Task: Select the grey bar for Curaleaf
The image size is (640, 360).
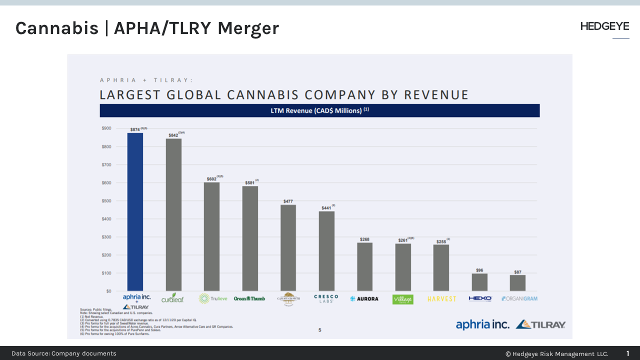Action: click(x=173, y=214)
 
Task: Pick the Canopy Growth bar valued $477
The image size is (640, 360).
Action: click(x=288, y=247)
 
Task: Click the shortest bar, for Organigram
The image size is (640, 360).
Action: click(x=517, y=283)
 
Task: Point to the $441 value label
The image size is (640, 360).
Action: click(x=326, y=207)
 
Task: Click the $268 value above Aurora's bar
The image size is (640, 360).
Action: click(x=364, y=239)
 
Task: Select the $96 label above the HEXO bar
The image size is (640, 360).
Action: click(x=479, y=270)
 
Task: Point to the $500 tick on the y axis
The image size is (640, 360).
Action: click(x=106, y=201)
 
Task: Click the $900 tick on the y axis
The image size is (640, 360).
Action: click(x=106, y=128)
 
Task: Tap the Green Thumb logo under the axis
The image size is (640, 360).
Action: click(x=249, y=298)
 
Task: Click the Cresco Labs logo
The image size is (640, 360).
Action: click(x=326, y=298)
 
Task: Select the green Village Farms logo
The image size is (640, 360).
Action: click(x=402, y=299)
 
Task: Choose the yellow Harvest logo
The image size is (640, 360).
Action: click(x=441, y=299)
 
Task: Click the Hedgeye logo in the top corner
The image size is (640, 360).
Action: click(x=604, y=26)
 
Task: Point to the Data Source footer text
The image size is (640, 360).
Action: click(x=64, y=353)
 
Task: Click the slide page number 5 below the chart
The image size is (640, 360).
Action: click(x=320, y=330)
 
